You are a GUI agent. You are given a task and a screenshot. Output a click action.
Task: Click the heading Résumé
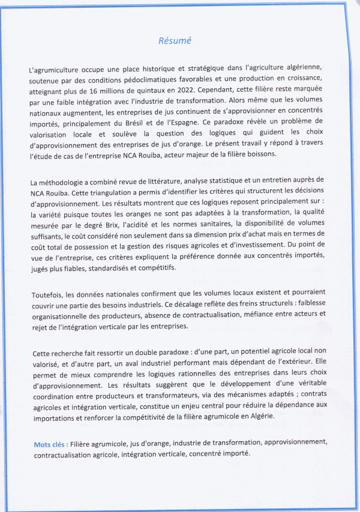pyautogui.click(x=175, y=41)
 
